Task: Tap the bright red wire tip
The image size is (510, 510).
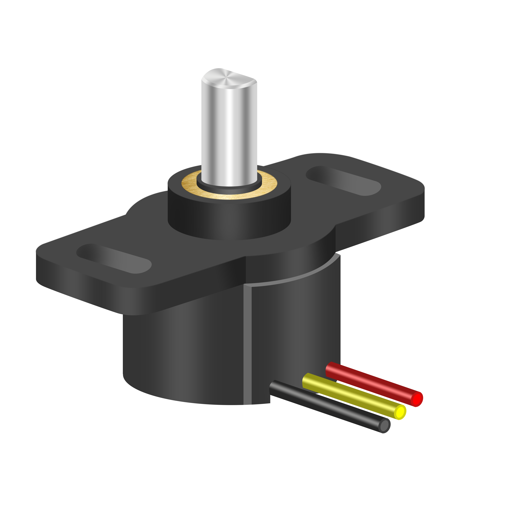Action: click(x=417, y=399)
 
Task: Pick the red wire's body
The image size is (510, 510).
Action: click(x=370, y=381)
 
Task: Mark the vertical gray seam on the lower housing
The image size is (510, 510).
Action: click(x=247, y=343)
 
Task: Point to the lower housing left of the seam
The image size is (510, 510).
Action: click(x=182, y=356)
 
